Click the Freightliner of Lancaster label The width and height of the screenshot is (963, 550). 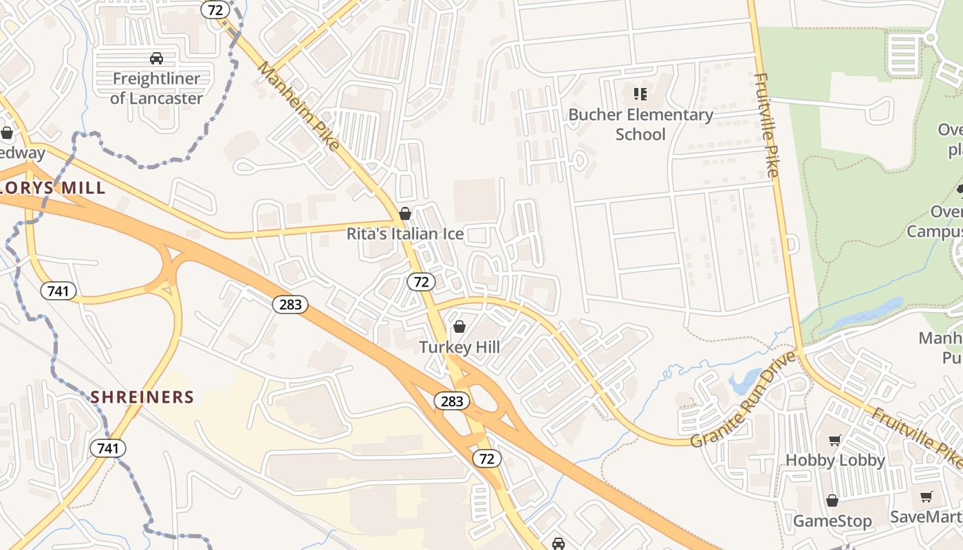pyautogui.click(x=156, y=89)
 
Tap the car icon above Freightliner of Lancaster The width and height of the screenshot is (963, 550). pyautogui.click(x=156, y=58)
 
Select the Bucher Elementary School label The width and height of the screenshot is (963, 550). pyautogui.click(x=640, y=124)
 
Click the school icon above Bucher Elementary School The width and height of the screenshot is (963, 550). pyautogui.click(x=640, y=93)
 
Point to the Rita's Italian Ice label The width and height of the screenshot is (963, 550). pyautogui.click(x=404, y=234)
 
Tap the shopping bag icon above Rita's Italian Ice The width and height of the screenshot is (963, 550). pyautogui.click(x=405, y=214)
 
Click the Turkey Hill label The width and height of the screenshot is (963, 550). pyautogui.click(x=459, y=347)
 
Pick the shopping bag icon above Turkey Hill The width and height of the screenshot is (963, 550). pyautogui.click(x=459, y=327)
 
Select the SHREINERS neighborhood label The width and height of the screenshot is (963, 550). pyautogui.click(x=142, y=397)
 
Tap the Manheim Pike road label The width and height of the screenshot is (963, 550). pyautogui.click(x=299, y=105)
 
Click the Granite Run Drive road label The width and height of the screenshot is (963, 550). pyautogui.click(x=743, y=399)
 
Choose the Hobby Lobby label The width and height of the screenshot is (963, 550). pyautogui.click(x=835, y=460)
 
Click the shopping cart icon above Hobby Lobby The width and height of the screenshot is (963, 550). pyautogui.click(x=835, y=440)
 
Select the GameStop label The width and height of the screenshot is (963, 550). pyautogui.click(x=832, y=520)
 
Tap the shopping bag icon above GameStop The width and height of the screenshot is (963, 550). pyautogui.click(x=832, y=500)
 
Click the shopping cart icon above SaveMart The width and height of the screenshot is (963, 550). pyautogui.click(x=926, y=496)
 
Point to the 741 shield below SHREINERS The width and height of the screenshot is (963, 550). pyautogui.click(x=108, y=449)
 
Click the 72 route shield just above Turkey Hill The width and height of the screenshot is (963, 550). pyautogui.click(x=421, y=281)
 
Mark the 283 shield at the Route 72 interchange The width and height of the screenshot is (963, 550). pyautogui.click(x=452, y=401)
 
